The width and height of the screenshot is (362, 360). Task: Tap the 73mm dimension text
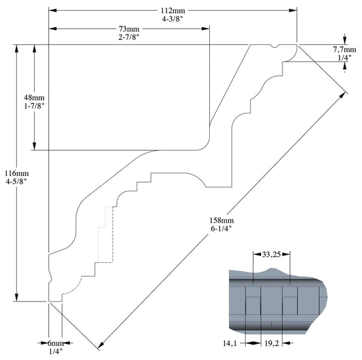point(128,29)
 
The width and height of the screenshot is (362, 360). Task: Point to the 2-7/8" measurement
point(128,38)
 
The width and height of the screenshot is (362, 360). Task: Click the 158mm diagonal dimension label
point(222,221)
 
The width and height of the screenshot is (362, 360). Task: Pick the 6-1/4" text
point(222,230)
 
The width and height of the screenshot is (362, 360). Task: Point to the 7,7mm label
point(344,50)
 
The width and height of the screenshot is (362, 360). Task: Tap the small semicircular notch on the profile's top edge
point(273,47)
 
